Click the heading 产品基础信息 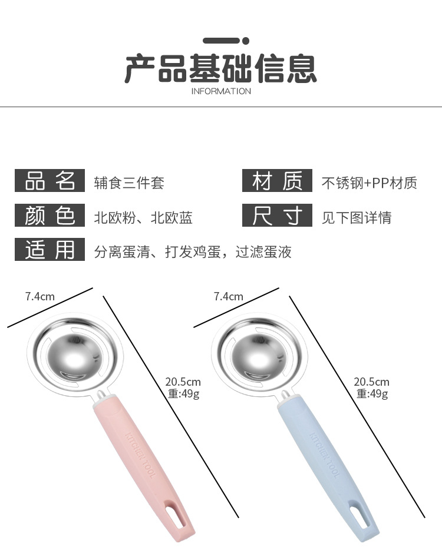point(221,69)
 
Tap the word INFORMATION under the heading point(221,91)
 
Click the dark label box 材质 point(276,181)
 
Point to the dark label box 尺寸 point(276,216)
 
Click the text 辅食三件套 point(129,183)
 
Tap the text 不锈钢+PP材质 point(369,183)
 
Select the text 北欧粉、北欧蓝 point(143,218)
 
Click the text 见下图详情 point(356,218)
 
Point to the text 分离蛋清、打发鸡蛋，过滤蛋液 point(193,253)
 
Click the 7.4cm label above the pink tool point(39,296)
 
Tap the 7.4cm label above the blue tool point(228,296)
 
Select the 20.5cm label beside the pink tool point(183,382)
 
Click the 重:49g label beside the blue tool point(372,394)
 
